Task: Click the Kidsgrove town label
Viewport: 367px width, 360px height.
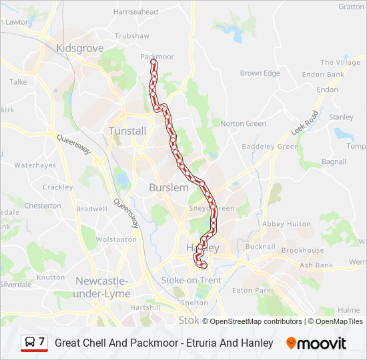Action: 80,49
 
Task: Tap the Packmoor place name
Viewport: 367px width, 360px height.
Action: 157,57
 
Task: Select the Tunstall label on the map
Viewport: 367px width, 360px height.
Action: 127,131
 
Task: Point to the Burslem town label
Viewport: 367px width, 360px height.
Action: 169,188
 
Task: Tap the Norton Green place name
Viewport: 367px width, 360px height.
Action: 243,123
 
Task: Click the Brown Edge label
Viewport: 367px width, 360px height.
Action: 260,73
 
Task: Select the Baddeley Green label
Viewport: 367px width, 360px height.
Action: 270,147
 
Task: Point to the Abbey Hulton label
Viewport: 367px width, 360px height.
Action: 287,224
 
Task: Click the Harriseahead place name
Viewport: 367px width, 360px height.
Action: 135,12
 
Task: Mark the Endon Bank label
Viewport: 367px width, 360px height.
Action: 322,75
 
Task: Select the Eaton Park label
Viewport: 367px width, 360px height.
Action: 252,291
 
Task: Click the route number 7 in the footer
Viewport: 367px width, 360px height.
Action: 42,342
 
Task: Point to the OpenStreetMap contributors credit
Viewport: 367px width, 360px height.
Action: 256,321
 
